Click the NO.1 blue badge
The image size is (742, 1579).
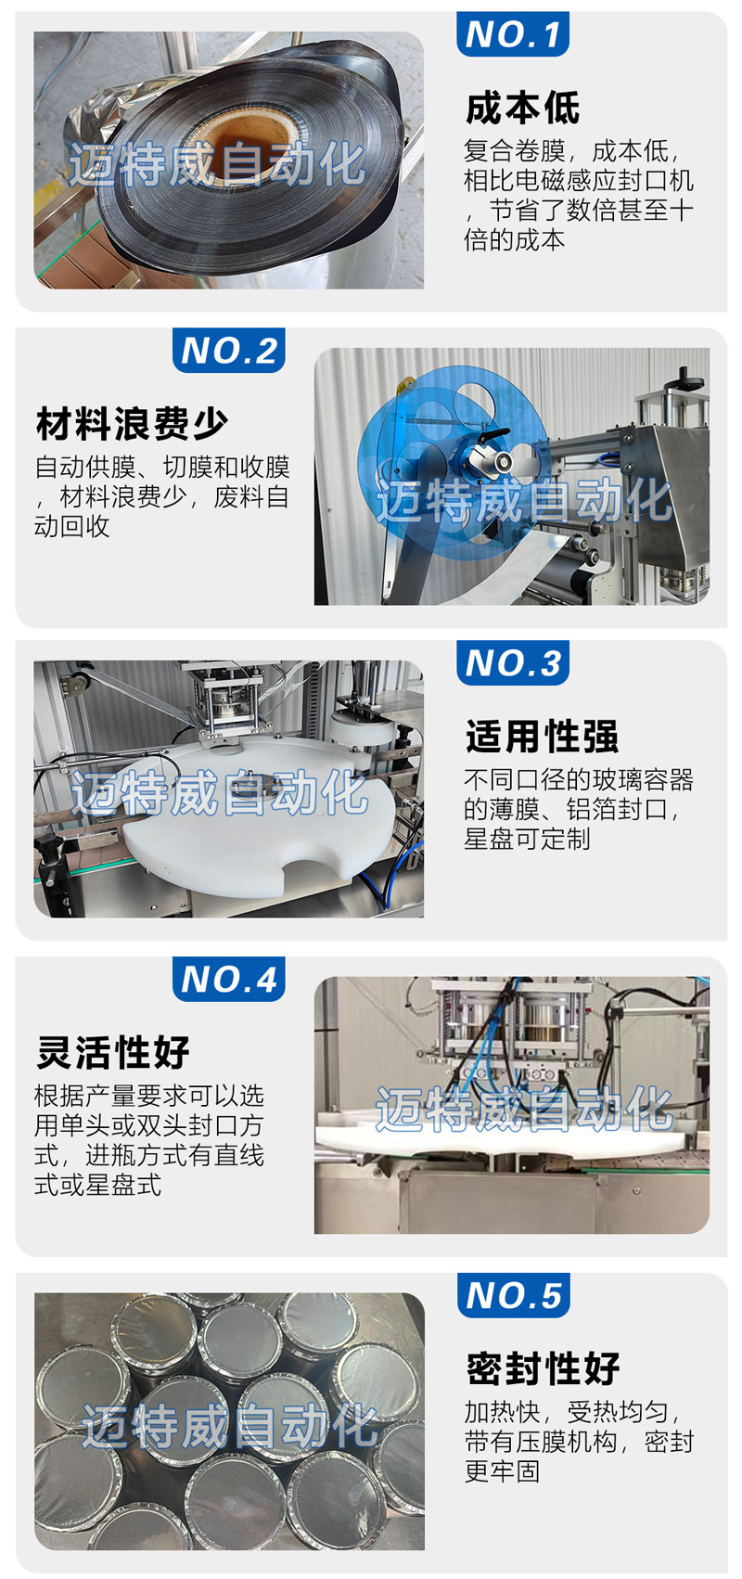(512, 33)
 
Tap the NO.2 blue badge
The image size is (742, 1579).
(228, 351)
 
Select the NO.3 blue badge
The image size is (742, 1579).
(512, 662)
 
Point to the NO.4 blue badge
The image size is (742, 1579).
(228, 979)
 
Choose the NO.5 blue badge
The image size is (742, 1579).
(513, 1295)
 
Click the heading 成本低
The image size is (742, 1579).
(522, 108)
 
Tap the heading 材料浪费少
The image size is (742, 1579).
(133, 424)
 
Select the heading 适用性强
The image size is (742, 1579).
(542, 737)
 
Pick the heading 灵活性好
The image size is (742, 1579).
(113, 1052)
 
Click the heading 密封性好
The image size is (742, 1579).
(543, 1368)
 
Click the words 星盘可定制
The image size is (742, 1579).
(527, 839)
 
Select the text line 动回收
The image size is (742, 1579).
(71, 526)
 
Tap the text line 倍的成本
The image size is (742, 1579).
(515, 240)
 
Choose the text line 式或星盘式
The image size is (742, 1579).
(98, 1184)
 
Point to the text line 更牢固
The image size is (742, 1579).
(502, 1471)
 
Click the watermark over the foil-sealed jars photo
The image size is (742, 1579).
(230, 1425)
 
